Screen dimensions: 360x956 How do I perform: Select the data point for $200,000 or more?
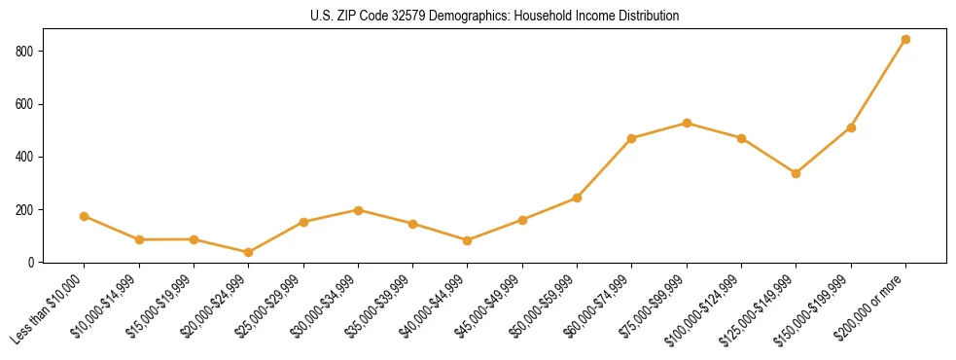pyautogui.click(x=905, y=40)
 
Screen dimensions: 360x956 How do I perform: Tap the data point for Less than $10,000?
pyautogui.click(x=85, y=216)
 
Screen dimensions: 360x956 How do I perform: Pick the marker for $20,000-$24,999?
pyautogui.click(x=248, y=252)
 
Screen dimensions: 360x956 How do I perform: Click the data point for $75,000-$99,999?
pyautogui.click(x=687, y=123)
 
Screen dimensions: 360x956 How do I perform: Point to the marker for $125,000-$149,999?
pyautogui.click(x=796, y=173)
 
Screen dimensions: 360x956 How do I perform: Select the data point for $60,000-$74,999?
pyautogui.click(x=632, y=138)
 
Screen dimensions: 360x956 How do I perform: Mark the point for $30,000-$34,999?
pyautogui.click(x=358, y=210)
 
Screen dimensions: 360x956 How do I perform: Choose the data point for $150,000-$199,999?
pyautogui.click(x=851, y=127)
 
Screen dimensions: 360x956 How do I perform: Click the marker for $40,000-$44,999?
pyautogui.click(x=468, y=240)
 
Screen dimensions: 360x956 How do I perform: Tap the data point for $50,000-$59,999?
pyautogui.click(x=577, y=198)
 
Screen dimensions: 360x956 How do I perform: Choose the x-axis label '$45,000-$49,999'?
pyautogui.click(x=489, y=307)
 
